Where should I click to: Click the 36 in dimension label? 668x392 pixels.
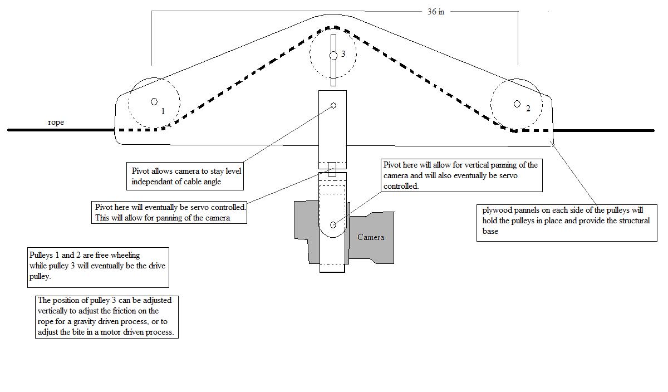436,12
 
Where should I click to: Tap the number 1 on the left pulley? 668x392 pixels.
163,111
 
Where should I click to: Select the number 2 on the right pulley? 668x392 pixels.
528,108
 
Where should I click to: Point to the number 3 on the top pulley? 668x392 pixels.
343,53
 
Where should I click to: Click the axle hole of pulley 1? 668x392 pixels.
154,102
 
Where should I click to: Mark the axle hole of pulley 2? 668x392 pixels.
517,104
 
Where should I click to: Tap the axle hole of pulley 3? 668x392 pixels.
333,56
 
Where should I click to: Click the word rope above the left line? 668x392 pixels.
56,122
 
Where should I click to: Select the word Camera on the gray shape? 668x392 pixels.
371,237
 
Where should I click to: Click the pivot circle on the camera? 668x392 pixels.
333,225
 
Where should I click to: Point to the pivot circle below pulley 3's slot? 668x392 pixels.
333,106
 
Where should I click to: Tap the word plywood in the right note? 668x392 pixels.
495,210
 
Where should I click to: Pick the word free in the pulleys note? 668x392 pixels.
102,255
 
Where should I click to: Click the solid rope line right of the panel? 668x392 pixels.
603,130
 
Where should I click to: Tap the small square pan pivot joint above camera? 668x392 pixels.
332,169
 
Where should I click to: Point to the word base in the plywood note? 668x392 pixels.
490,231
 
